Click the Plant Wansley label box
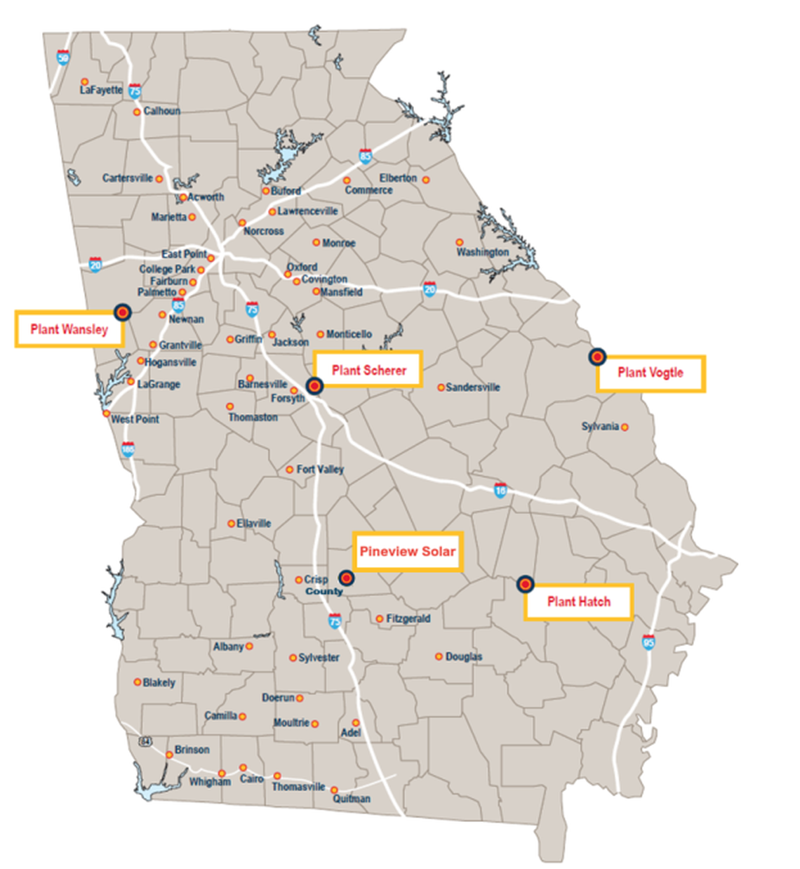(69, 329)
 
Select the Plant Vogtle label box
(650, 373)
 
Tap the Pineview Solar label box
(407, 552)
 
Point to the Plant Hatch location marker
(525, 584)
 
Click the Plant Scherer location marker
(314, 385)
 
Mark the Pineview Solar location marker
(346, 578)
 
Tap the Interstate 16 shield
(500, 489)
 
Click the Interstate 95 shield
(648, 642)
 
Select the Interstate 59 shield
(63, 57)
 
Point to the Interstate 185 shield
(128, 449)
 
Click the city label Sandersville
(473, 387)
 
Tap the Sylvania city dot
(625, 427)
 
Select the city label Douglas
(464, 657)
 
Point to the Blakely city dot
(138, 682)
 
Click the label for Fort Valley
(320, 470)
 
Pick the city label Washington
(483, 252)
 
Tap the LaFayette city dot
(85, 82)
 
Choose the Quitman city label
(352, 799)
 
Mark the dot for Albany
(249, 646)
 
